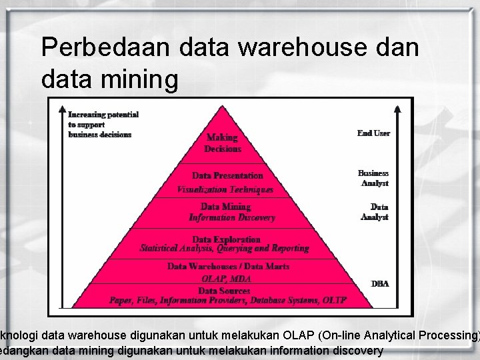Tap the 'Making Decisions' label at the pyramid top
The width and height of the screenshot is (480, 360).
(223, 143)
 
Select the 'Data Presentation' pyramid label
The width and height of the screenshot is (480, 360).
(227, 175)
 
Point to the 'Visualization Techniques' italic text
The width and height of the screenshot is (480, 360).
(225, 189)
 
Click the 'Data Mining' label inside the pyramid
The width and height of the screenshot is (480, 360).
(226, 207)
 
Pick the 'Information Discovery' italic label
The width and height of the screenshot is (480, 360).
(232, 217)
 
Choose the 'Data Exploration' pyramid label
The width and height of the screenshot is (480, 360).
(226, 239)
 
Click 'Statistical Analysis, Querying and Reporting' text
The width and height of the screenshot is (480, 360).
(225, 248)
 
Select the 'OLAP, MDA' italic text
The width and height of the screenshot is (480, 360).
(226, 279)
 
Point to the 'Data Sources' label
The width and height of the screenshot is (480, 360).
(224, 291)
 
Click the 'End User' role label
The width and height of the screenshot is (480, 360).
(373, 133)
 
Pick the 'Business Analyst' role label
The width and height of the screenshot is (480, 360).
(373, 178)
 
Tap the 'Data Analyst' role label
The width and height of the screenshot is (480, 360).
(375, 212)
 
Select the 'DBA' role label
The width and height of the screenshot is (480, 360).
(380, 284)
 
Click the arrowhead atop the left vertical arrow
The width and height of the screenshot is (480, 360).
(61, 109)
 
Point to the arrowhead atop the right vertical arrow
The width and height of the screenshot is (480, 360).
(399, 109)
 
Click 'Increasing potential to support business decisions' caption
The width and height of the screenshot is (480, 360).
(103, 125)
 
